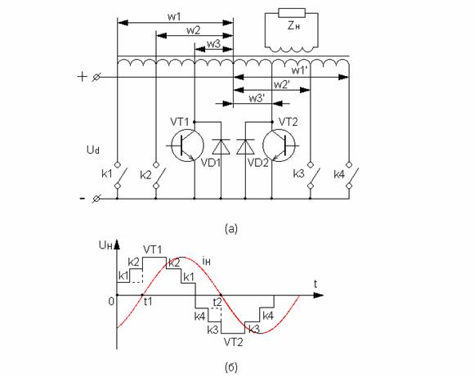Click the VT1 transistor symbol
point(187,146)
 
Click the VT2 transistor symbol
point(279,146)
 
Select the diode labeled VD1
point(221,146)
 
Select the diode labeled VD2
point(245,146)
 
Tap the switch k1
point(119,176)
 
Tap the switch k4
point(351,176)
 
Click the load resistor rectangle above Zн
point(292,13)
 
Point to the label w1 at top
point(174,16)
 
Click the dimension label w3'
point(257,98)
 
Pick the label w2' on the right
point(282,84)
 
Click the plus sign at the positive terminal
point(82,77)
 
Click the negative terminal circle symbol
point(96,199)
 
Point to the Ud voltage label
point(93,150)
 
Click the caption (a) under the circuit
point(231,228)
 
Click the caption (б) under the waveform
point(231,367)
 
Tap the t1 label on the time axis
point(148,302)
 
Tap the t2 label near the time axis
point(217,302)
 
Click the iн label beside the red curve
point(206,261)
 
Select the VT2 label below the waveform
point(233,342)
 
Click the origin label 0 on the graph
point(111,302)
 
